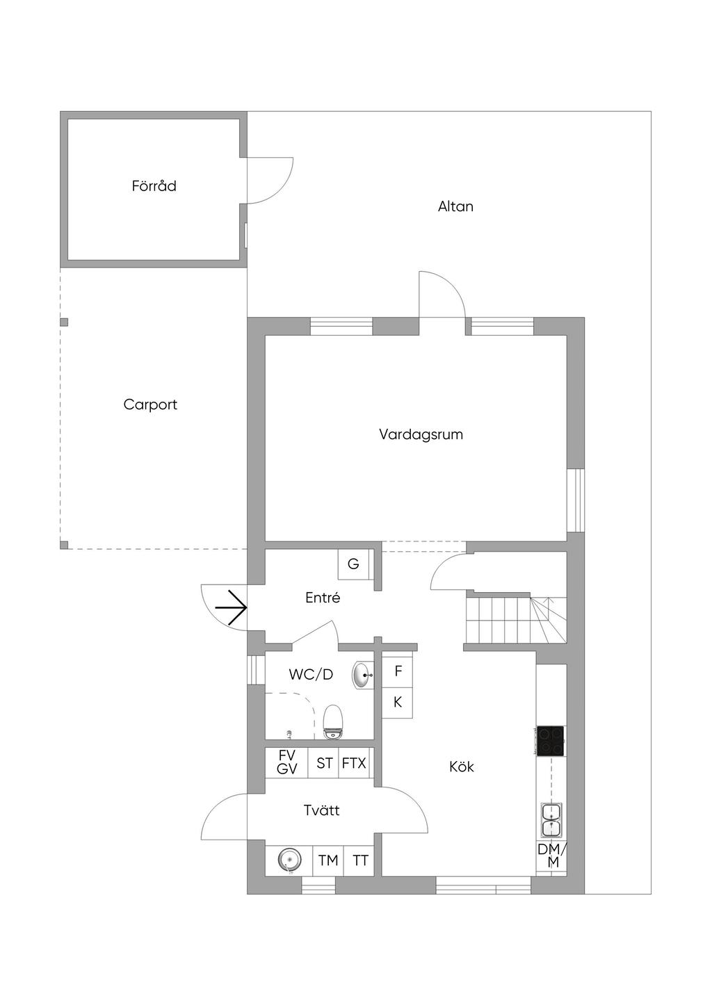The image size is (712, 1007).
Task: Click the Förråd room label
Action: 154,186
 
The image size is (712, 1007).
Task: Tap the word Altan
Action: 455,206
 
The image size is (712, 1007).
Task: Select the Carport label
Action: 150,404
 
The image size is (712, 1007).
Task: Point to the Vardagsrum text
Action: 421,434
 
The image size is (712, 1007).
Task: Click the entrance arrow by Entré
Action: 231,608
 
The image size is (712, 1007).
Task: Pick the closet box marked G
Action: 353,564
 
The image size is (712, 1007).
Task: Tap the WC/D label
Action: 311,674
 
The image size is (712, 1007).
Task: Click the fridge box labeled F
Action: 398,671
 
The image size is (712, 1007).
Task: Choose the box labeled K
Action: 398,702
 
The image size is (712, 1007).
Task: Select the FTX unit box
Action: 355,763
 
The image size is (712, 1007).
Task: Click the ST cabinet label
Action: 324,763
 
